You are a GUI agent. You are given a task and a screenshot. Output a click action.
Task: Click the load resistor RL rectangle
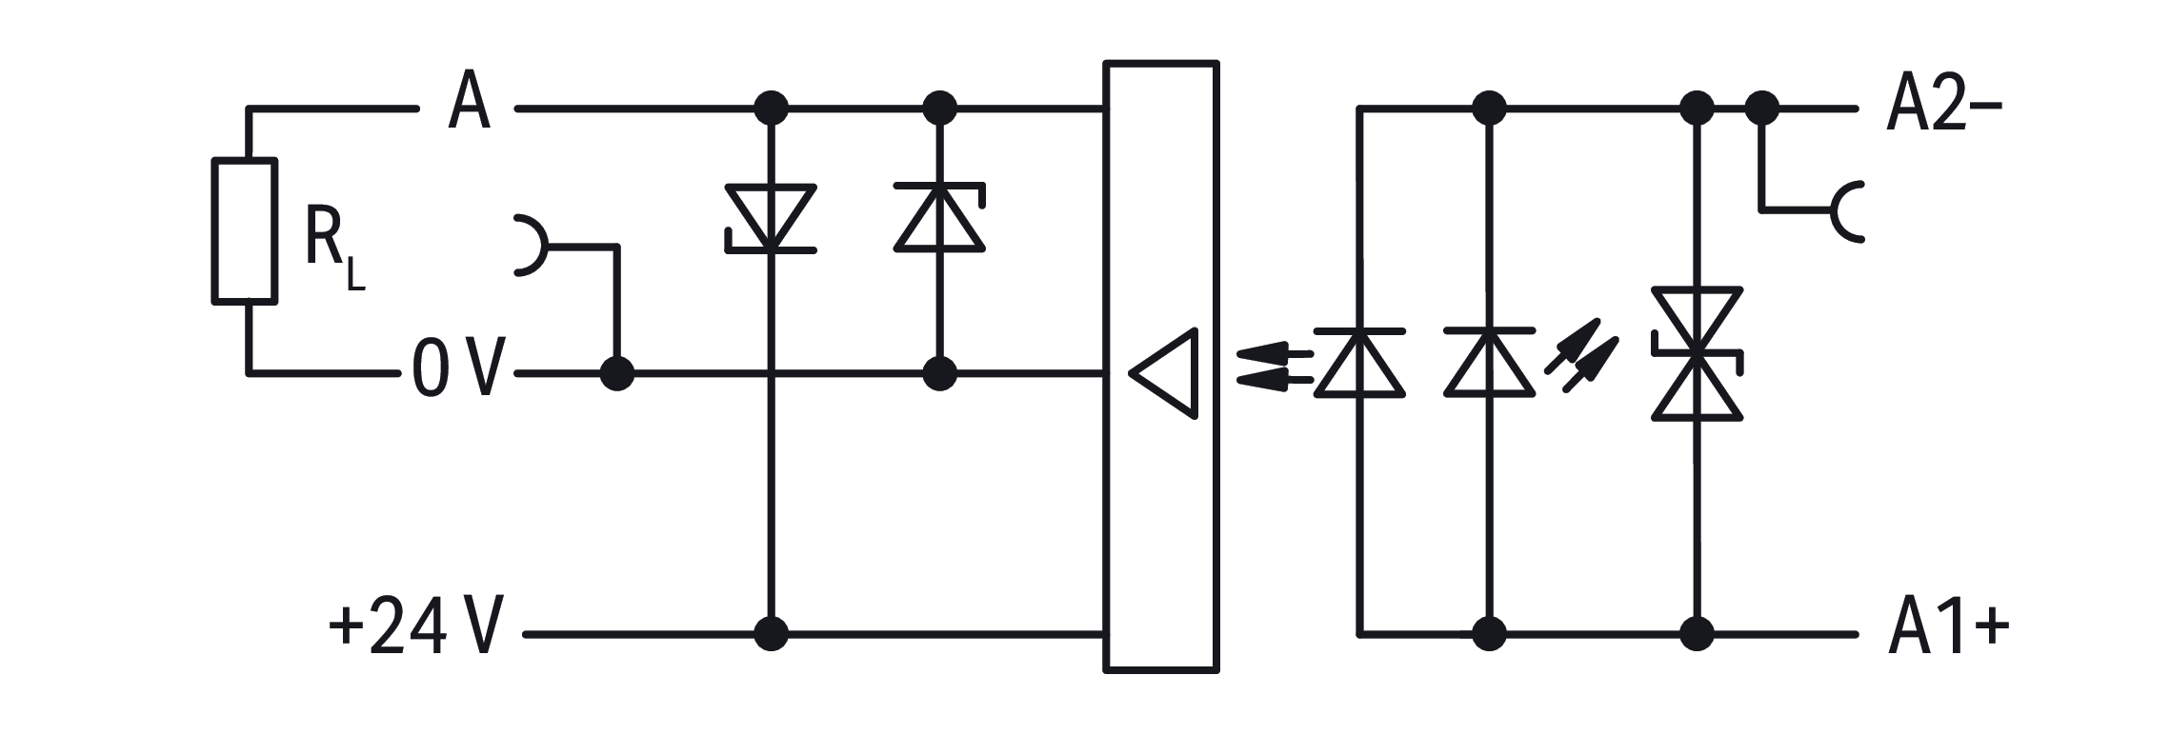pos(245,231)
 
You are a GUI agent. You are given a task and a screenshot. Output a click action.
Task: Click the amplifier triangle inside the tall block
pos(1162,373)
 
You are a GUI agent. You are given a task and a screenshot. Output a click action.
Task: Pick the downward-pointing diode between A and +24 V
pos(771,218)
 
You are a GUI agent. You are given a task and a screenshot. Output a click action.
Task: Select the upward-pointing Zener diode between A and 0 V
pos(939,218)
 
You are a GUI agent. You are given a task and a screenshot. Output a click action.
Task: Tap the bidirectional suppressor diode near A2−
pos(1698,353)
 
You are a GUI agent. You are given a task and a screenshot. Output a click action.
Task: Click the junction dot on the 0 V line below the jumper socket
pos(617,373)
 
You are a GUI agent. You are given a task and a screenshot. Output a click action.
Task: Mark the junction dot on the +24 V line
pos(771,632)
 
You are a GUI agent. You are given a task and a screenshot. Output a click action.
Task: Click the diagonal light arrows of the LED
pos(1581,355)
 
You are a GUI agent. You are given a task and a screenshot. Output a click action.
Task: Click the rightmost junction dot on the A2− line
pos(1762,109)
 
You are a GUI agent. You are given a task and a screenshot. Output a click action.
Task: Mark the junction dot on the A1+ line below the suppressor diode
pos(1698,632)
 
